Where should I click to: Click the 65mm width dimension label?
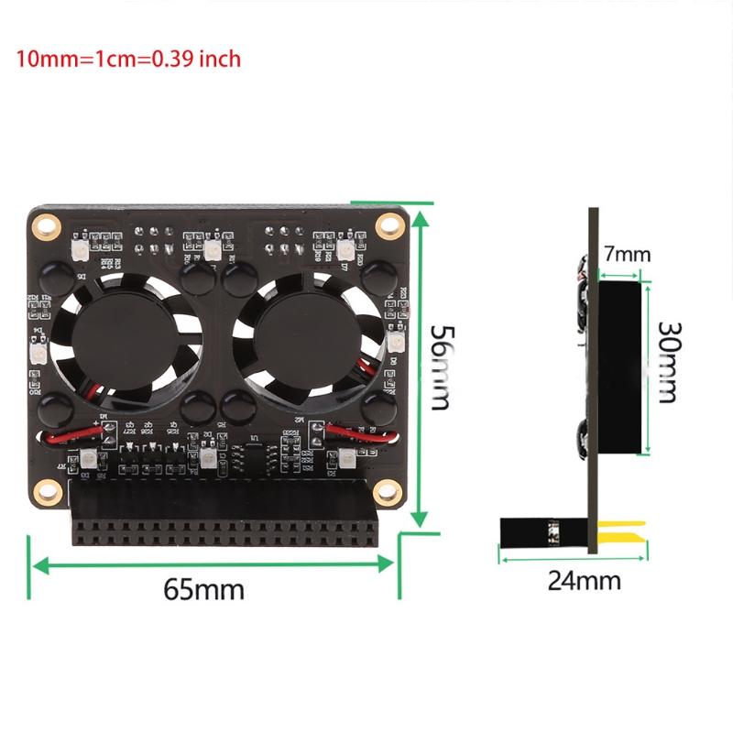tap(204, 589)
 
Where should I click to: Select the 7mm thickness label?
tap(628, 253)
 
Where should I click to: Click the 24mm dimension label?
tap(584, 580)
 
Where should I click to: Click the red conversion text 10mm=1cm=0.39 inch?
tap(128, 60)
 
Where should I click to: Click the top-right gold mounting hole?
tap(389, 224)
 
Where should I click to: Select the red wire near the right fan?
tap(353, 432)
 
